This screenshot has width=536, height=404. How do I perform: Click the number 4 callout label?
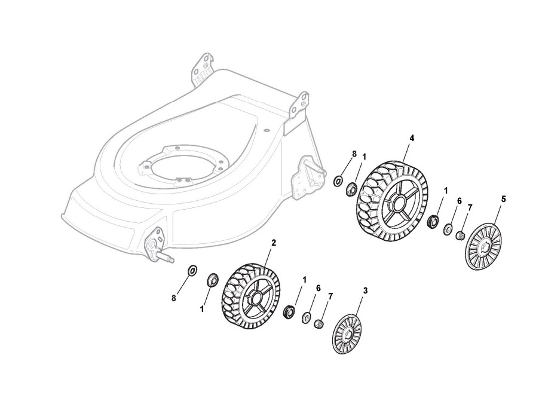[x=412, y=138]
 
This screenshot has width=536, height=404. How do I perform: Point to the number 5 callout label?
[x=503, y=199]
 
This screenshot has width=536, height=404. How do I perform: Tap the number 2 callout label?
[x=274, y=243]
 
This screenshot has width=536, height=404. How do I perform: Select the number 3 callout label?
[x=366, y=290]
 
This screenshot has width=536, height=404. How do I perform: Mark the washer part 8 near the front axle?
[x=192, y=271]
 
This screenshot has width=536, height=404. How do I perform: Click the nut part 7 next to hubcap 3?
[x=319, y=323]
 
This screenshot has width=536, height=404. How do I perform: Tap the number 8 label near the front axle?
[x=174, y=298]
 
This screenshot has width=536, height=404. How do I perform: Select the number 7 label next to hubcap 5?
[x=470, y=207]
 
